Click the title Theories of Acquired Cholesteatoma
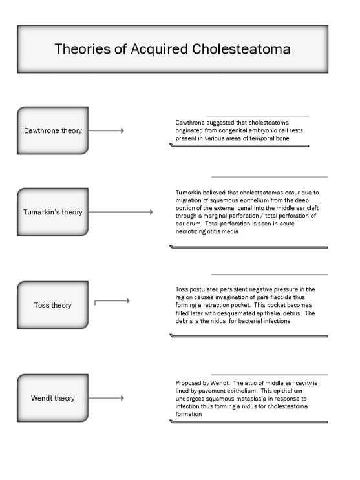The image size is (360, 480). [172, 49]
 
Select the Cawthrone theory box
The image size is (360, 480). [53, 130]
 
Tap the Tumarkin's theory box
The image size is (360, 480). [53, 212]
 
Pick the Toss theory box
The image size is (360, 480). [53, 305]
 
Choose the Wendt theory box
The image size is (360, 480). [53, 398]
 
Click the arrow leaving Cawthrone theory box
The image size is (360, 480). [106, 130]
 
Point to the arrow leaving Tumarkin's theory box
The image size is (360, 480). [121, 212]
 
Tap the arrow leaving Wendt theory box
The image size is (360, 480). [106, 398]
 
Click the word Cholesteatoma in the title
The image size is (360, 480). [239, 49]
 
